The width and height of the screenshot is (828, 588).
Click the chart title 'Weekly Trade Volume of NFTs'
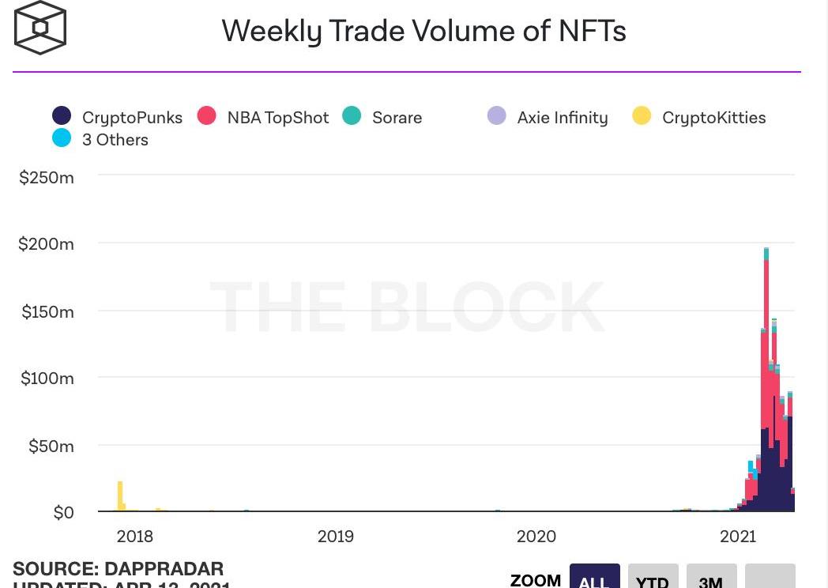[x=423, y=31]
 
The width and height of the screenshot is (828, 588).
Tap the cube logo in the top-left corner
[x=40, y=28]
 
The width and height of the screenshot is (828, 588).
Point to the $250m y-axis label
[x=47, y=178]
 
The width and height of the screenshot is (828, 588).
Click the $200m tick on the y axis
[x=47, y=244]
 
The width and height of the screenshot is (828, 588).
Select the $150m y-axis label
[x=47, y=311]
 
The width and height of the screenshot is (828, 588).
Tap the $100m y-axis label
[x=47, y=379]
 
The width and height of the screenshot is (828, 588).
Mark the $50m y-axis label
[x=51, y=447]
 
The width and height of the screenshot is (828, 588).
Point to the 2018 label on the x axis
[x=135, y=537]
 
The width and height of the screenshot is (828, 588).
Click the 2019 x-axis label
[x=336, y=537]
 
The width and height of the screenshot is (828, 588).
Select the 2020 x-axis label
[x=536, y=537]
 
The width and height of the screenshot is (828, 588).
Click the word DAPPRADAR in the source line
[x=164, y=569]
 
